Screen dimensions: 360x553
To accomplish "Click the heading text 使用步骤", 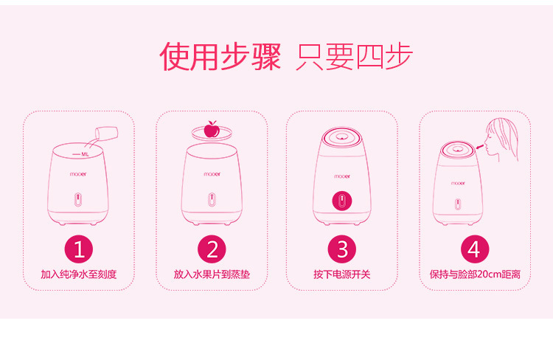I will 220,57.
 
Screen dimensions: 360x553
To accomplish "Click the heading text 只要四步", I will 354,57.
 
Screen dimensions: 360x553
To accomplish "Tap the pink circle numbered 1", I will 79,249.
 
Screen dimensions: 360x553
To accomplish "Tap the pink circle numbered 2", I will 212,249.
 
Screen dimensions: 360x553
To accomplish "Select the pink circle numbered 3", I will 342,249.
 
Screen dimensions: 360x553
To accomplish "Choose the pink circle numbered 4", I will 473,249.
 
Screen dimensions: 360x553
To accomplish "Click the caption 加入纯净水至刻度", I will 79,274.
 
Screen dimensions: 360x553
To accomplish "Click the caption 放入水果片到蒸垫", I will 212,274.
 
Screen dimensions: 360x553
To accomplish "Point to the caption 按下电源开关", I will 342,274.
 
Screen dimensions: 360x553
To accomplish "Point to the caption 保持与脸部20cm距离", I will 474,274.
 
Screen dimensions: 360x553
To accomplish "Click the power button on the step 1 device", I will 79,201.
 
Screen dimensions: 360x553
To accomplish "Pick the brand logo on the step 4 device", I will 458,181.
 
